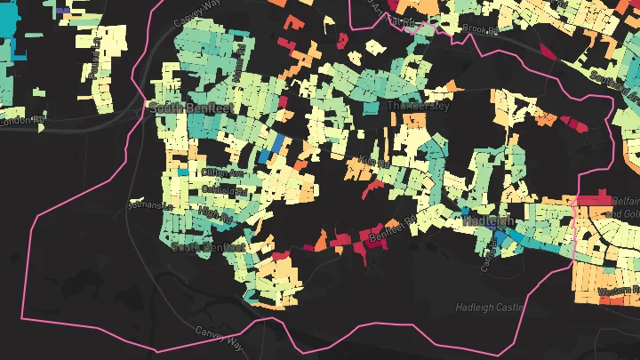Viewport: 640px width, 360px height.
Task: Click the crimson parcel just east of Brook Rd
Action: pos(543,50)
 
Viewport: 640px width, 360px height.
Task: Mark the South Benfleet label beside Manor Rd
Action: pos(187,108)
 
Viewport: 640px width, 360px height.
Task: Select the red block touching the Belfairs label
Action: pos(592,201)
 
